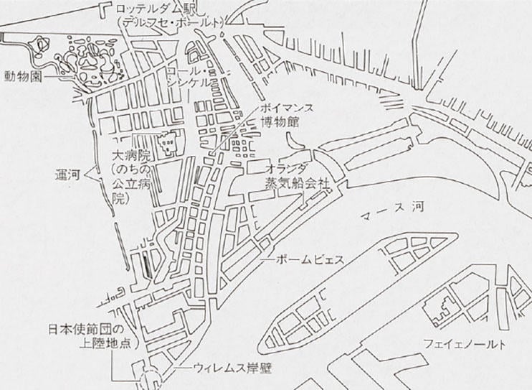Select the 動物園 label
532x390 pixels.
[22, 76]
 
